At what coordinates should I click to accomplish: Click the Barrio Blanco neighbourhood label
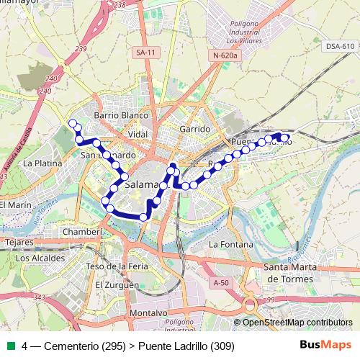121,115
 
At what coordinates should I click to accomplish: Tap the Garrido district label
195,129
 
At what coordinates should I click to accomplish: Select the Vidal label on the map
137,135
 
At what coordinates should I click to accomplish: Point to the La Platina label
39,163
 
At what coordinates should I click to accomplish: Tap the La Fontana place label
228,244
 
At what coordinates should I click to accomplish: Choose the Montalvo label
150,313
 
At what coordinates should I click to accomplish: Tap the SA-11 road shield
145,53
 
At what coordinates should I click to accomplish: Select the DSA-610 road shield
340,46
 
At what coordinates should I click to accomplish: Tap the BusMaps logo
326,346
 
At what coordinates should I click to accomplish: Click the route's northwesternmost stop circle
71,123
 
